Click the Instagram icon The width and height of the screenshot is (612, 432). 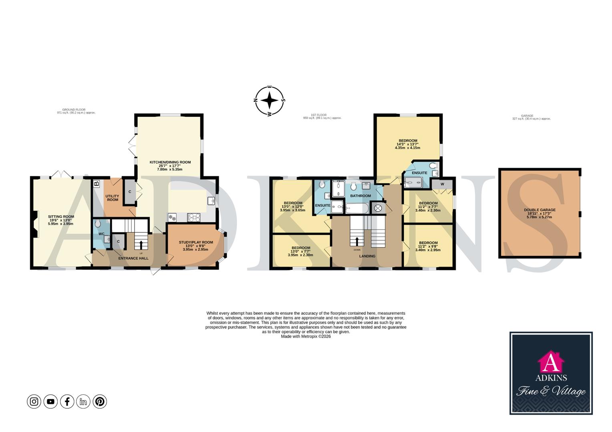coord(34,401)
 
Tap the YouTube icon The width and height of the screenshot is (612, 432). coord(50,401)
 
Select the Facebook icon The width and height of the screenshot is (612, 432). coord(67,401)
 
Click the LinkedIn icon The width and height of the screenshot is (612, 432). coord(83,401)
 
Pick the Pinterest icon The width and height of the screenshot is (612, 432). coord(100,401)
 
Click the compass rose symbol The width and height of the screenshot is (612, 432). coord(270,100)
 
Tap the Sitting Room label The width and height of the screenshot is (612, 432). coord(61,217)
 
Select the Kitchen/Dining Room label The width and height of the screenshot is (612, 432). coord(170,162)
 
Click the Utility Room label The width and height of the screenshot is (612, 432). coord(112,198)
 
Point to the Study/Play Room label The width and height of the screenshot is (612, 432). coord(196,242)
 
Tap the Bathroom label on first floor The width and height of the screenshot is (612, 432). coord(360,196)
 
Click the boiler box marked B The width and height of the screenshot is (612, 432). coord(96,184)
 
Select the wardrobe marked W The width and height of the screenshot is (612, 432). coord(442,184)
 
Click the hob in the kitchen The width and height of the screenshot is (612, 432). coord(194,217)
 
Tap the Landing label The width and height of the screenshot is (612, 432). coord(367,256)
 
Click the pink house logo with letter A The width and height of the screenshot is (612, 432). coord(551,361)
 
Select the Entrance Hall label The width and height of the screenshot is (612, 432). coord(133,258)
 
